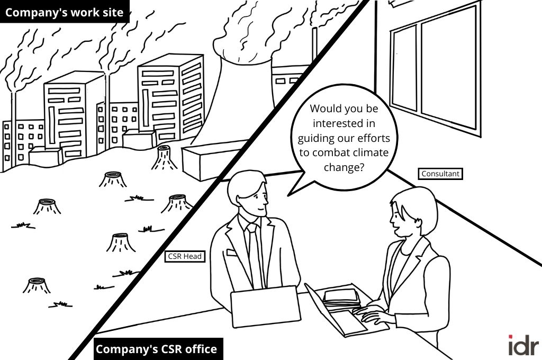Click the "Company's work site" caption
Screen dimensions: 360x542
coord(64,12)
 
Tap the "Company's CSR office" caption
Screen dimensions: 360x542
coord(156,349)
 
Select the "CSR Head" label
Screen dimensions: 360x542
coord(185,256)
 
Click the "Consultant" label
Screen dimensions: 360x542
coord(440,174)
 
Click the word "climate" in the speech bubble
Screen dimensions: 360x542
coord(369,152)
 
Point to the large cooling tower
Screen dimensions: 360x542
coord(243,95)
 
